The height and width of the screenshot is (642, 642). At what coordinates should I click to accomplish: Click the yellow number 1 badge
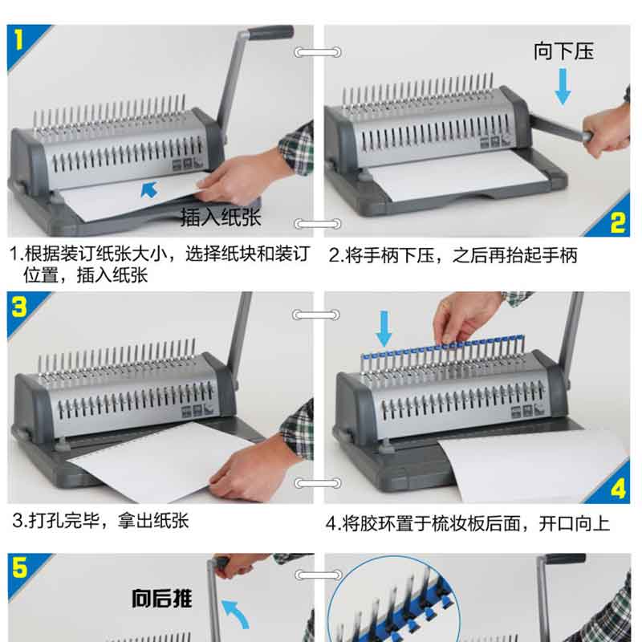tap(18, 39)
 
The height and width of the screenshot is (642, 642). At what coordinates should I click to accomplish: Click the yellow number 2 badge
tap(617, 222)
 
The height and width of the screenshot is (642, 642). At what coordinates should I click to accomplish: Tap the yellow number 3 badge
tap(19, 307)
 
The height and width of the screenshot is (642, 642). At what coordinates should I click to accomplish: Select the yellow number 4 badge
tap(618, 489)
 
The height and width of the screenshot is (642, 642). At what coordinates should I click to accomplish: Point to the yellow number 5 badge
tap(19, 567)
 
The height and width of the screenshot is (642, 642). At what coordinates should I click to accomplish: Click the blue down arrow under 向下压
tap(563, 87)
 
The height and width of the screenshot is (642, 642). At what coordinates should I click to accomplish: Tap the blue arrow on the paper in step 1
tap(149, 189)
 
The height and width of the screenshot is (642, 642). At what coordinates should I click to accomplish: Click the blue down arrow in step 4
tap(384, 328)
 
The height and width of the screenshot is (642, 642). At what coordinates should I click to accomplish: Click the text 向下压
tap(563, 51)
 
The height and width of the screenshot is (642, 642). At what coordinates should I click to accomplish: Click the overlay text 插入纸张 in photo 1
tap(221, 217)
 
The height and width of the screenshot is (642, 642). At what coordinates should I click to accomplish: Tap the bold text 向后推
tap(162, 598)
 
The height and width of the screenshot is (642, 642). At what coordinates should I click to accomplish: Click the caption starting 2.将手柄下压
tap(453, 255)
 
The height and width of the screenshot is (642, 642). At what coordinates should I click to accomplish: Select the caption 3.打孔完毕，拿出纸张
tap(100, 521)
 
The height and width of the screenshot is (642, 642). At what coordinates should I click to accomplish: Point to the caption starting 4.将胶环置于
tap(468, 523)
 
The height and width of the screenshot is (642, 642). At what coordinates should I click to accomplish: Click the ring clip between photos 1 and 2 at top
tap(317, 52)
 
